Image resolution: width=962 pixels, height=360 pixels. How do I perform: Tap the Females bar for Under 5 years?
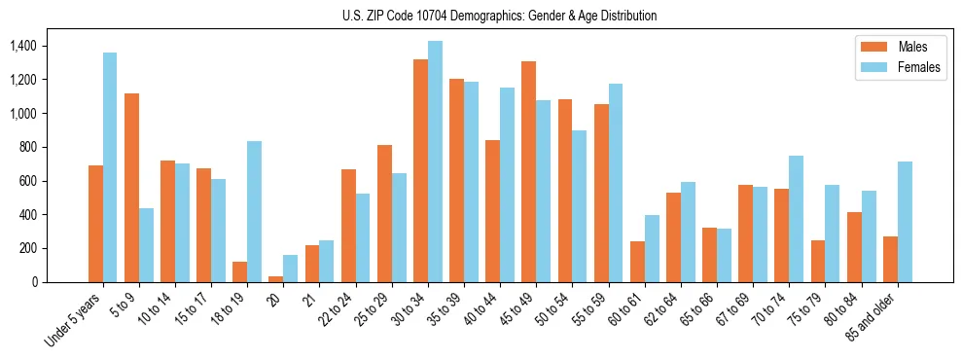point(110,167)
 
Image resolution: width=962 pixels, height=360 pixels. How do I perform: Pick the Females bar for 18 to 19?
point(254,212)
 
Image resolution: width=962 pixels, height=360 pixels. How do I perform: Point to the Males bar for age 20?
point(276,279)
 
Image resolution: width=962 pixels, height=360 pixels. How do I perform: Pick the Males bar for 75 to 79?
point(818,261)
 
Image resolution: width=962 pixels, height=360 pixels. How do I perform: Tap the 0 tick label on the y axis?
point(33,282)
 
